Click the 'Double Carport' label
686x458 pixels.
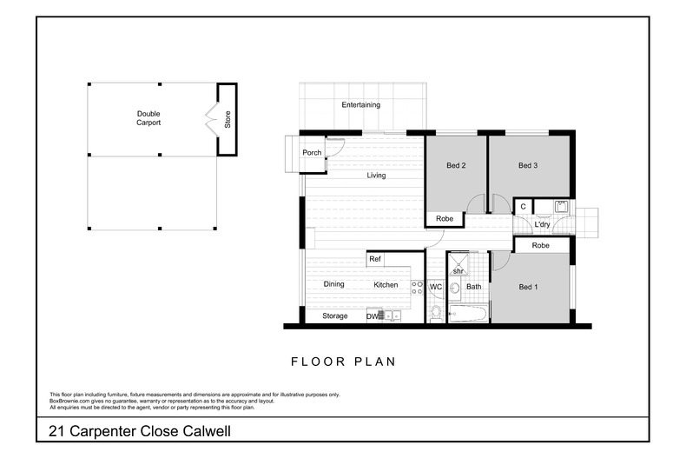[148, 118]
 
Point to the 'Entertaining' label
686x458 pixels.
[360, 105]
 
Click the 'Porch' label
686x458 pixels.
[312, 153]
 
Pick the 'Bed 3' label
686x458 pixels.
[529, 166]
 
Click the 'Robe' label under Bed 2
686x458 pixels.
[444, 219]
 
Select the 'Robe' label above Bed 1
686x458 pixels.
[540, 246]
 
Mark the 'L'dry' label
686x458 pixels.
[543, 225]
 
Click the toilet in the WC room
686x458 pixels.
[436, 312]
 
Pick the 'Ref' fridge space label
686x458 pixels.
[375, 259]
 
